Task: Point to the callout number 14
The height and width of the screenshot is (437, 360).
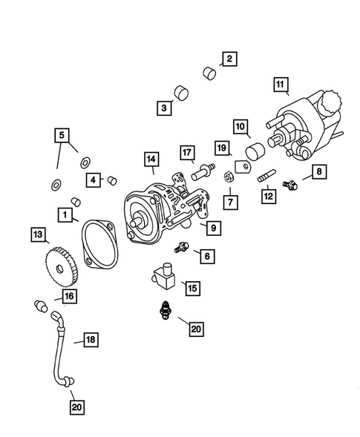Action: click(x=151, y=160)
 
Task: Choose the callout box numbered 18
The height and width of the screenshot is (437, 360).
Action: click(x=90, y=340)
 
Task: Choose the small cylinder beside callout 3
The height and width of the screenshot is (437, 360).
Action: click(x=180, y=93)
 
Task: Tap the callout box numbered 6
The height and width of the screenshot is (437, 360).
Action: click(x=206, y=256)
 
